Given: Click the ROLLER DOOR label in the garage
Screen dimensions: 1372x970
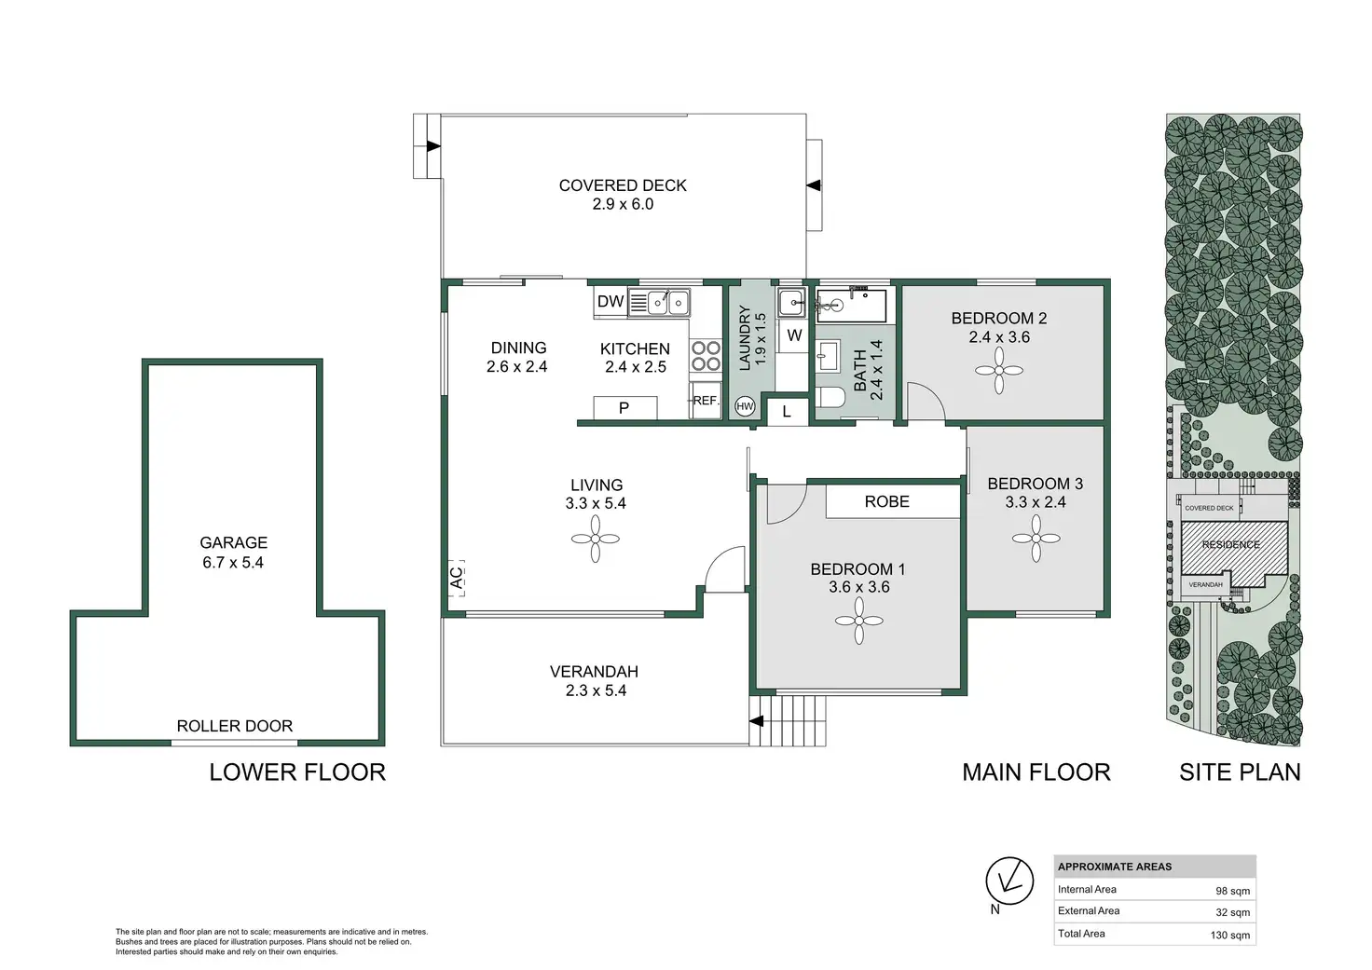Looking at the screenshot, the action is coord(235,726).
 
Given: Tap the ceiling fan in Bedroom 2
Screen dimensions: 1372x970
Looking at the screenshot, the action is coord(999,371).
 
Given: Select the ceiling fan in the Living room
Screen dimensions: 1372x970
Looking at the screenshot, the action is coord(596,539).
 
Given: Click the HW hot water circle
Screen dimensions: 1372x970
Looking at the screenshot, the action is coord(745,406).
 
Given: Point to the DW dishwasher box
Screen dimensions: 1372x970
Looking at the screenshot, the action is coord(611,301).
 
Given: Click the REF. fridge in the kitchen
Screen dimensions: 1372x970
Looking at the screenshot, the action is coord(705,401).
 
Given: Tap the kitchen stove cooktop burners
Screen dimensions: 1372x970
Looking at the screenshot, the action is coord(706,356).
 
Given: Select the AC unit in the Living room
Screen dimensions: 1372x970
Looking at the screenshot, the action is coord(457,578).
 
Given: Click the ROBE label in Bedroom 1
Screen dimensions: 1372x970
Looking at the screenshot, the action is coord(887,501).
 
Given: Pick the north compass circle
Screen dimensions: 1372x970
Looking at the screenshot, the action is coord(1009,881).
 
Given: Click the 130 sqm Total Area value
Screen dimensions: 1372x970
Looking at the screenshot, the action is coord(1230,936).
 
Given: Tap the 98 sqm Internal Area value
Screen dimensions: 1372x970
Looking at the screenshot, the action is coord(1232,891).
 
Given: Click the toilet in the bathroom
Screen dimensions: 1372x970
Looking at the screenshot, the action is coord(830,398).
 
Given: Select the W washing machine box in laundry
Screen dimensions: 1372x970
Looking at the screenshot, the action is coord(794,335).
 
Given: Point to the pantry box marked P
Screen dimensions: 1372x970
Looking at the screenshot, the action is coord(624,408).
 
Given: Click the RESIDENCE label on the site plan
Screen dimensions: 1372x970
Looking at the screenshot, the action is coord(1230,544).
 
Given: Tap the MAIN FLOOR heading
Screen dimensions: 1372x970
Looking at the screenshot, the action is coord(1036,772).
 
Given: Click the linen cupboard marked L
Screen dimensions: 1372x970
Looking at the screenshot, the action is coord(787,411).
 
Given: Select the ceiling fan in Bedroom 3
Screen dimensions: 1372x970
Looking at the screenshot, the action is coord(1036,539).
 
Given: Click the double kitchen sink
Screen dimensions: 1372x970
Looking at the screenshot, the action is coord(667,303).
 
